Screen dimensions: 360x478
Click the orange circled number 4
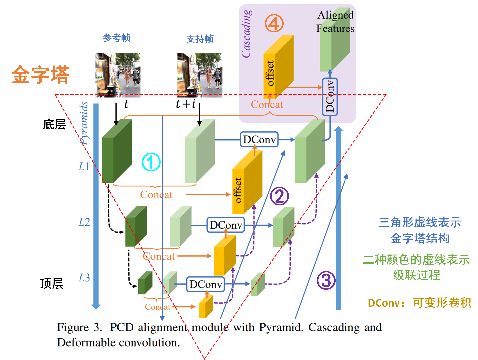coord(274,24)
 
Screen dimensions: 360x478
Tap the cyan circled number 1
coord(151,162)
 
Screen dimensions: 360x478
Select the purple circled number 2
coord(279,196)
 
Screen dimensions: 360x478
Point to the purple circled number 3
coord(326,280)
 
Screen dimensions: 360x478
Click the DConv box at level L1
coord(259,140)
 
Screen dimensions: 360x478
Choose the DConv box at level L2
coord(226,225)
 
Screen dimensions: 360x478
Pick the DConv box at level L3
coord(205,284)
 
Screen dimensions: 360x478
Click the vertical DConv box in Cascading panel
coord(330,97)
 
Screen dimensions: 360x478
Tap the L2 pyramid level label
coord(84,222)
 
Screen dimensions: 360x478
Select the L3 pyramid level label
coord(84,278)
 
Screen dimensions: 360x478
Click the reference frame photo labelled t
coord(118,75)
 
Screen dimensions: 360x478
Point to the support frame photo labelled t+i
coord(199,75)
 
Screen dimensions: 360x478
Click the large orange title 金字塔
coord(40,75)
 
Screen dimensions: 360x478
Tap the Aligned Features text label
coord(335,22)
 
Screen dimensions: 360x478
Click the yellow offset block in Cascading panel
coord(278,68)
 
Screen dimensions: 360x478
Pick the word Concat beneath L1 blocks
coord(156,195)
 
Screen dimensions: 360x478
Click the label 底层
coord(54,125)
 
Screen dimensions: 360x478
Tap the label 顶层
coord(52,284)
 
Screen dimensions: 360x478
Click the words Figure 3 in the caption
coord(79,328)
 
